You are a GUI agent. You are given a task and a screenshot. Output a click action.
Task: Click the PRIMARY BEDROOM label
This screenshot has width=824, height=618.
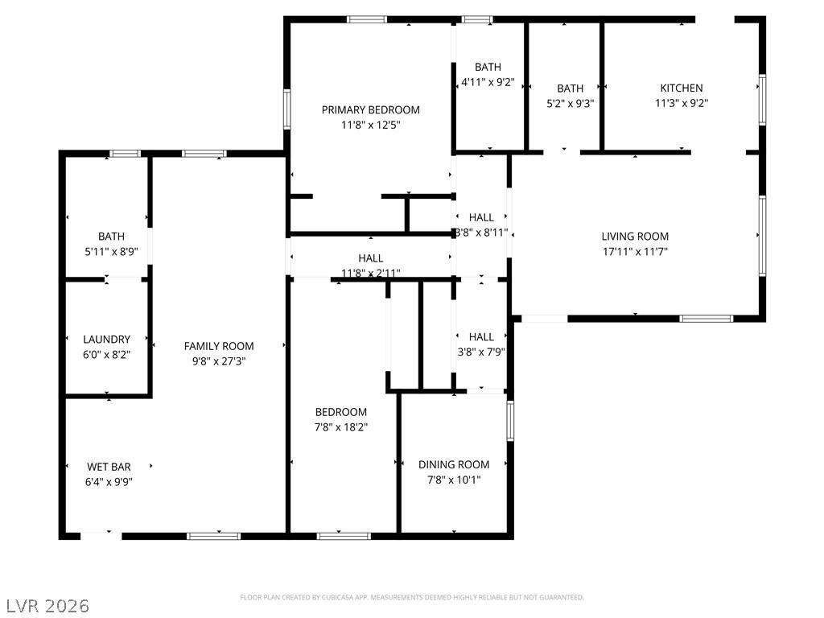(x=370, y=109)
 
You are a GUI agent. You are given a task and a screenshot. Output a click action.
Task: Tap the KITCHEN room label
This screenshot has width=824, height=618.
(x=681, y=88)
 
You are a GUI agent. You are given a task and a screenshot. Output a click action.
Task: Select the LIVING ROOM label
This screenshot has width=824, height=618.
(x=635, y=237)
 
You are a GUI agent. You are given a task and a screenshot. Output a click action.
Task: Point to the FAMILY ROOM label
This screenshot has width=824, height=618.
(x=219, y=346)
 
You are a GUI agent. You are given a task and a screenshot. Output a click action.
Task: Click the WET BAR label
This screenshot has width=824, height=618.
(x=109, y=467)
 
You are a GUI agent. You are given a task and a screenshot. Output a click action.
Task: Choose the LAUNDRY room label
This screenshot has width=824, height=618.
(x=107, y=340)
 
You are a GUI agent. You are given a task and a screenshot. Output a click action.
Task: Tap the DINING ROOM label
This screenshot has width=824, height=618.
(x=454, y=464)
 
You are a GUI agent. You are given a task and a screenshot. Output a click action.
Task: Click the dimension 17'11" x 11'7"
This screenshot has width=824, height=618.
(x=635, y=251)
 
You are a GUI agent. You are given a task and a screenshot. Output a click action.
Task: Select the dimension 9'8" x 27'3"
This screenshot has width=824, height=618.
(x=219, y=361)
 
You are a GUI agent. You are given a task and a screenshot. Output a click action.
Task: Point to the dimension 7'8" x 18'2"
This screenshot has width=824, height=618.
(x=340, y=426)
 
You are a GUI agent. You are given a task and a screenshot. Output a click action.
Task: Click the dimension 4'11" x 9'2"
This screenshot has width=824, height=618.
(x=488, y=82)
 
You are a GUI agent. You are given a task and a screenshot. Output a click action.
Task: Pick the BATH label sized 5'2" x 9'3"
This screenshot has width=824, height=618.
(x=571, y=89)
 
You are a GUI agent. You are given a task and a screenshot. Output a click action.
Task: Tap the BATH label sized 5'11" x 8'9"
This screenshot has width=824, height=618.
(x=111, y=237)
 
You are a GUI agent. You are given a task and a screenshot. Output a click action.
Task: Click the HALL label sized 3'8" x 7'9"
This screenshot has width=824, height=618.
(x=481, y=337)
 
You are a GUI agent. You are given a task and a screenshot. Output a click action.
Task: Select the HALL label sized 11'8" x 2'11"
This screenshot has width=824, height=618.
(x=370, y=258)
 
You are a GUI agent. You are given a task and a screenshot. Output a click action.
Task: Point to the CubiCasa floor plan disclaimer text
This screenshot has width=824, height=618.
(x=412, y=597)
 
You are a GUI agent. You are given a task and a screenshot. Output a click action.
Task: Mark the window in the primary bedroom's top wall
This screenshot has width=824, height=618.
(x=367, y=19)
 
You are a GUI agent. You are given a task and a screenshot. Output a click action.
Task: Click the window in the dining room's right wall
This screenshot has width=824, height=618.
(x=510, y=420)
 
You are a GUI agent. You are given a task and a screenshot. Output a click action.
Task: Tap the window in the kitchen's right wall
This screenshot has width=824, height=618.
(x=762, y=100)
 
